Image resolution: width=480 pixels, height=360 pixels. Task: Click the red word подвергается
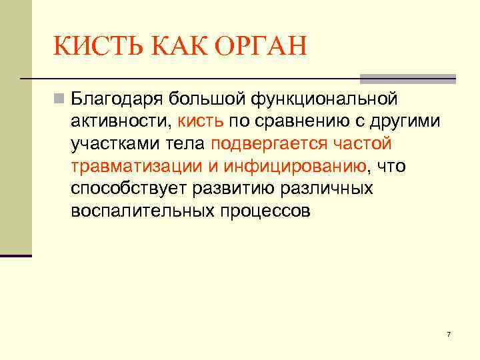coord(267,144)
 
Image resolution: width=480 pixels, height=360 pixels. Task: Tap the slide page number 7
coord(449,334)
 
